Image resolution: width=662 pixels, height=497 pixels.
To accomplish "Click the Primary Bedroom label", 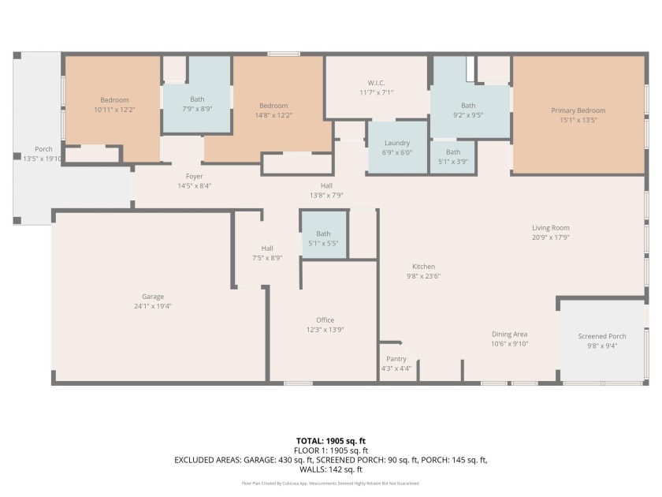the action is (578, 110).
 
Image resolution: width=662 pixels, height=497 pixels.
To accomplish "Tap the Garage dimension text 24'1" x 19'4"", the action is (153, 306).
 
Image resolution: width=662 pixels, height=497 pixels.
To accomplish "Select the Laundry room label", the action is (397, 143).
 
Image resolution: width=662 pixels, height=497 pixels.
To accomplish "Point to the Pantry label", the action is (396, 359).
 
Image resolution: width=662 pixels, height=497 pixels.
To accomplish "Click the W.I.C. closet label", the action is (376, 83).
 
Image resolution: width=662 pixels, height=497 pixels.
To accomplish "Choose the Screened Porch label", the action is (602, 336).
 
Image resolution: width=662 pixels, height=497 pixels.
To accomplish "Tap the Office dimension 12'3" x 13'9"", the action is (325, 330).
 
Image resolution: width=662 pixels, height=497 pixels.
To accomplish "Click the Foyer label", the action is (194, 176).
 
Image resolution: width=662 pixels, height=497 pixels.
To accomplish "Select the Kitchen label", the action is (423, 267).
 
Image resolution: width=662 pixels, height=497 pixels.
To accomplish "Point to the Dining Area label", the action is (509, 334).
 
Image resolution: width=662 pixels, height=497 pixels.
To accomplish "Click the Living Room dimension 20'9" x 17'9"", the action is (551, 237).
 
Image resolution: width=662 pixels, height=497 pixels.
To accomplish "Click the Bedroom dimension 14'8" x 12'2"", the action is (273, 115).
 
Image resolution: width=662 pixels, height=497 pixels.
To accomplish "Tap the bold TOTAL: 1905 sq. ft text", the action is (330, 441).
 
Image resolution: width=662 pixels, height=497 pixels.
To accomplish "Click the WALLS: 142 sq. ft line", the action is (330, 469).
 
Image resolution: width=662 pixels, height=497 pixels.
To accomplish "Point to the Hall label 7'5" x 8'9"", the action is (267, 252).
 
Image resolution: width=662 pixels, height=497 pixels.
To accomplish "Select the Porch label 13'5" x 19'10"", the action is (43, 154).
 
